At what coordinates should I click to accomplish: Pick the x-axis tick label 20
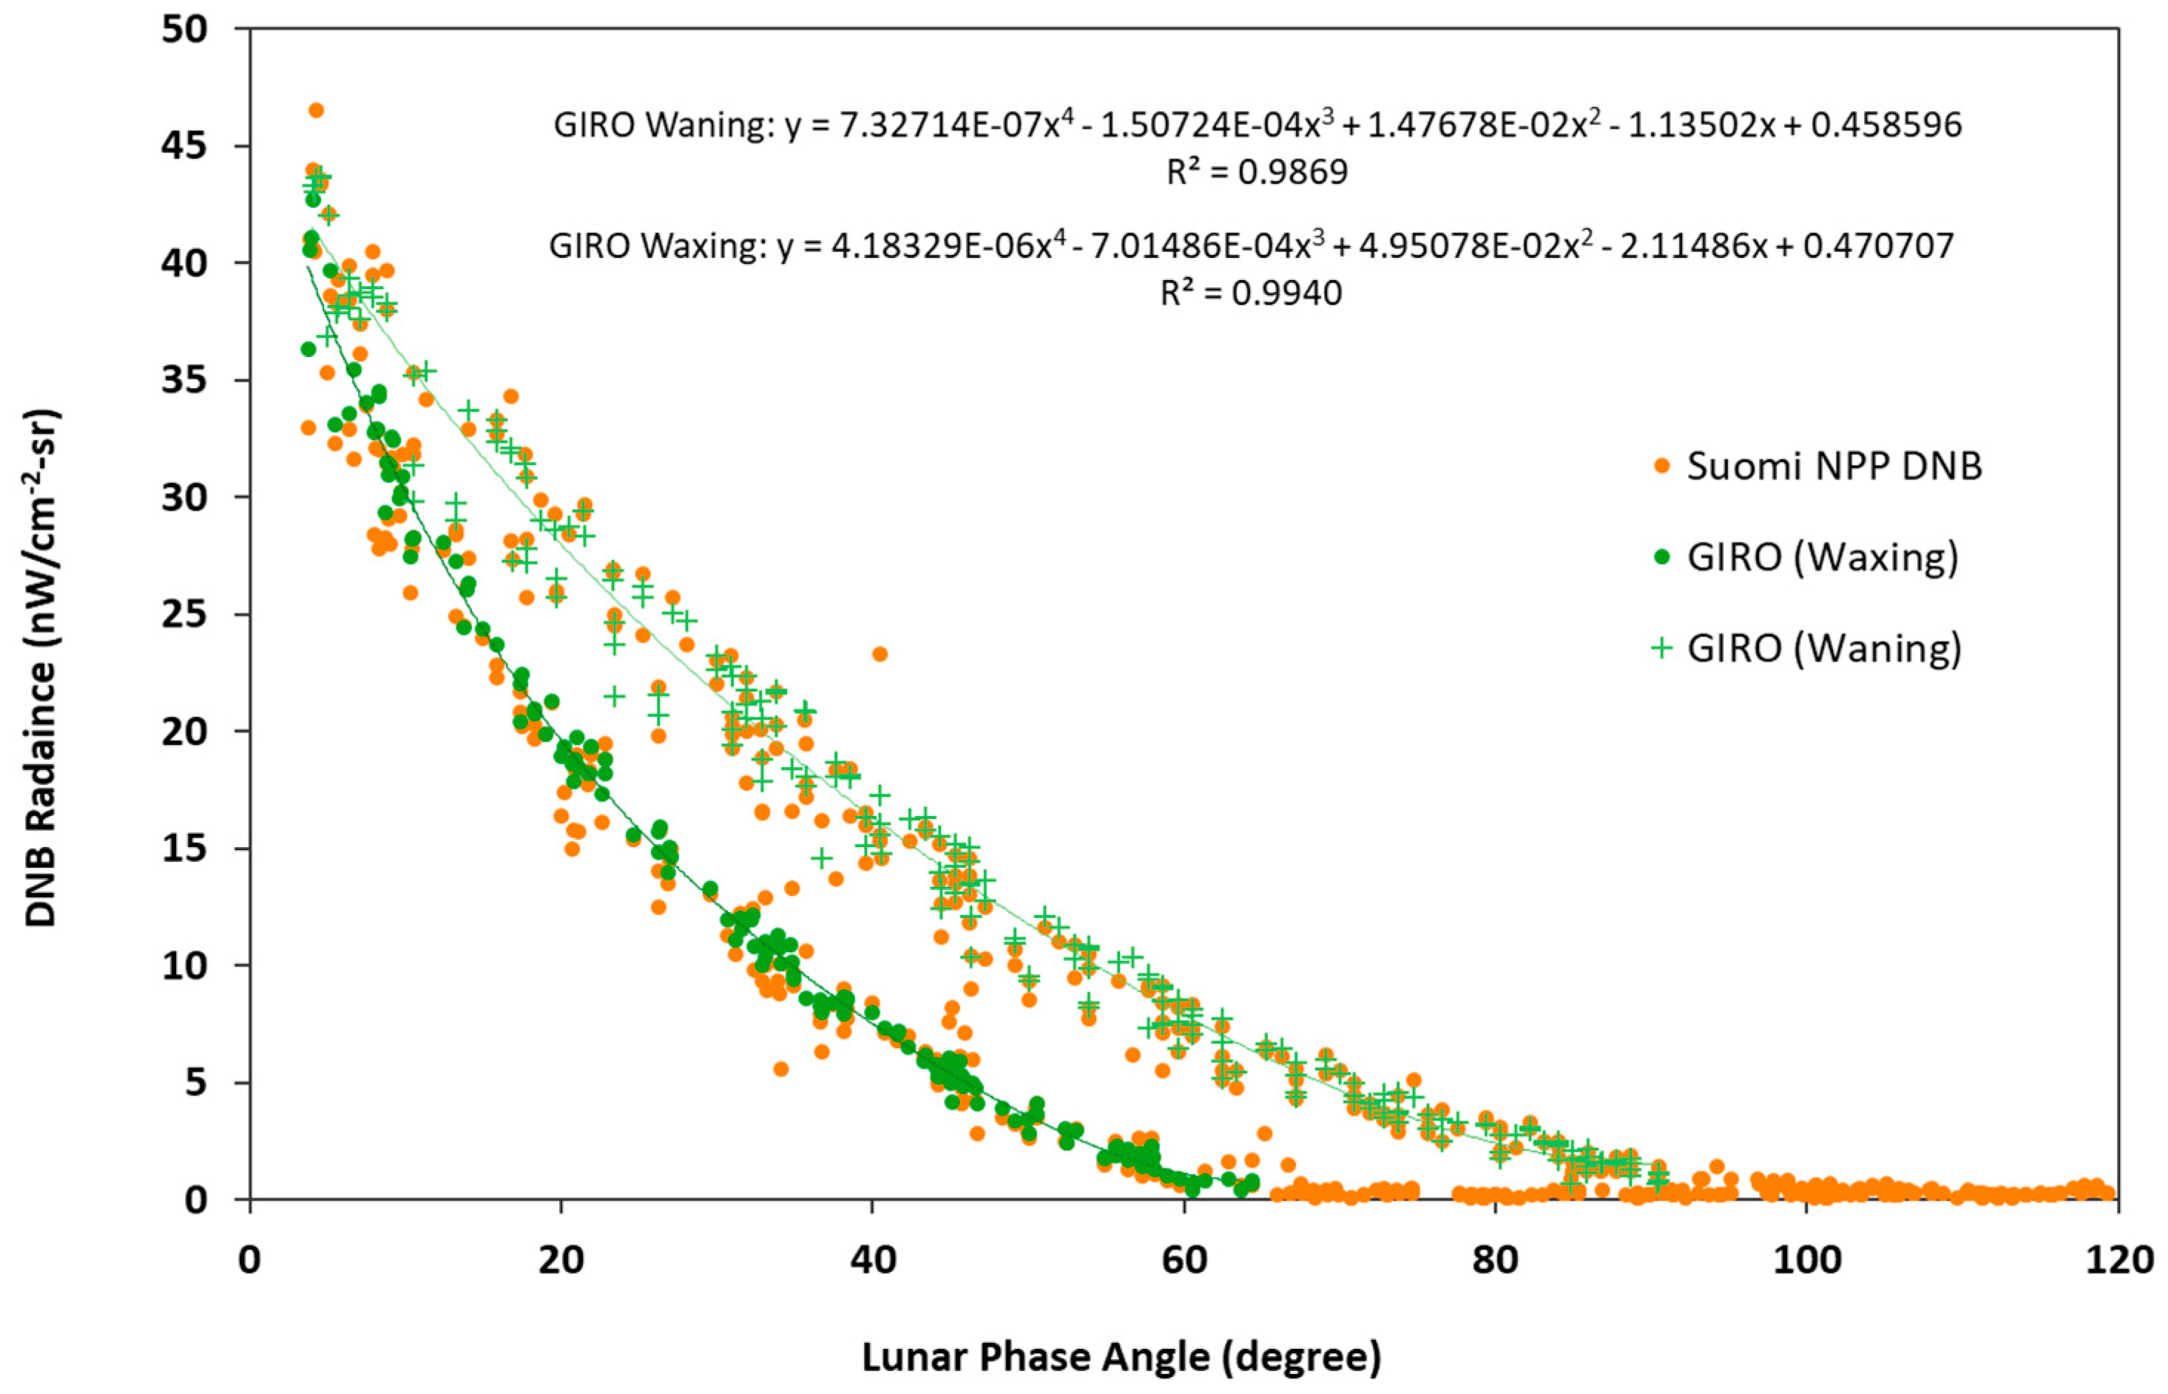561,1260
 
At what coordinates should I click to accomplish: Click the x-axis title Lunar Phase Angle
1121,1358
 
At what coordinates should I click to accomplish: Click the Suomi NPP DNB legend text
1834,466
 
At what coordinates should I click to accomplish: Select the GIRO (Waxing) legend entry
1822,557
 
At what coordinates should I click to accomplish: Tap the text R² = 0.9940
1251,293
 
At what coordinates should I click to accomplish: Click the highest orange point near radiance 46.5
316,110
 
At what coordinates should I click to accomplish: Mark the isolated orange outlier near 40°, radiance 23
879,653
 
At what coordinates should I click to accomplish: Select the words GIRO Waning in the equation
661,125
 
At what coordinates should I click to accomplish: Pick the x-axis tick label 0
249,1260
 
